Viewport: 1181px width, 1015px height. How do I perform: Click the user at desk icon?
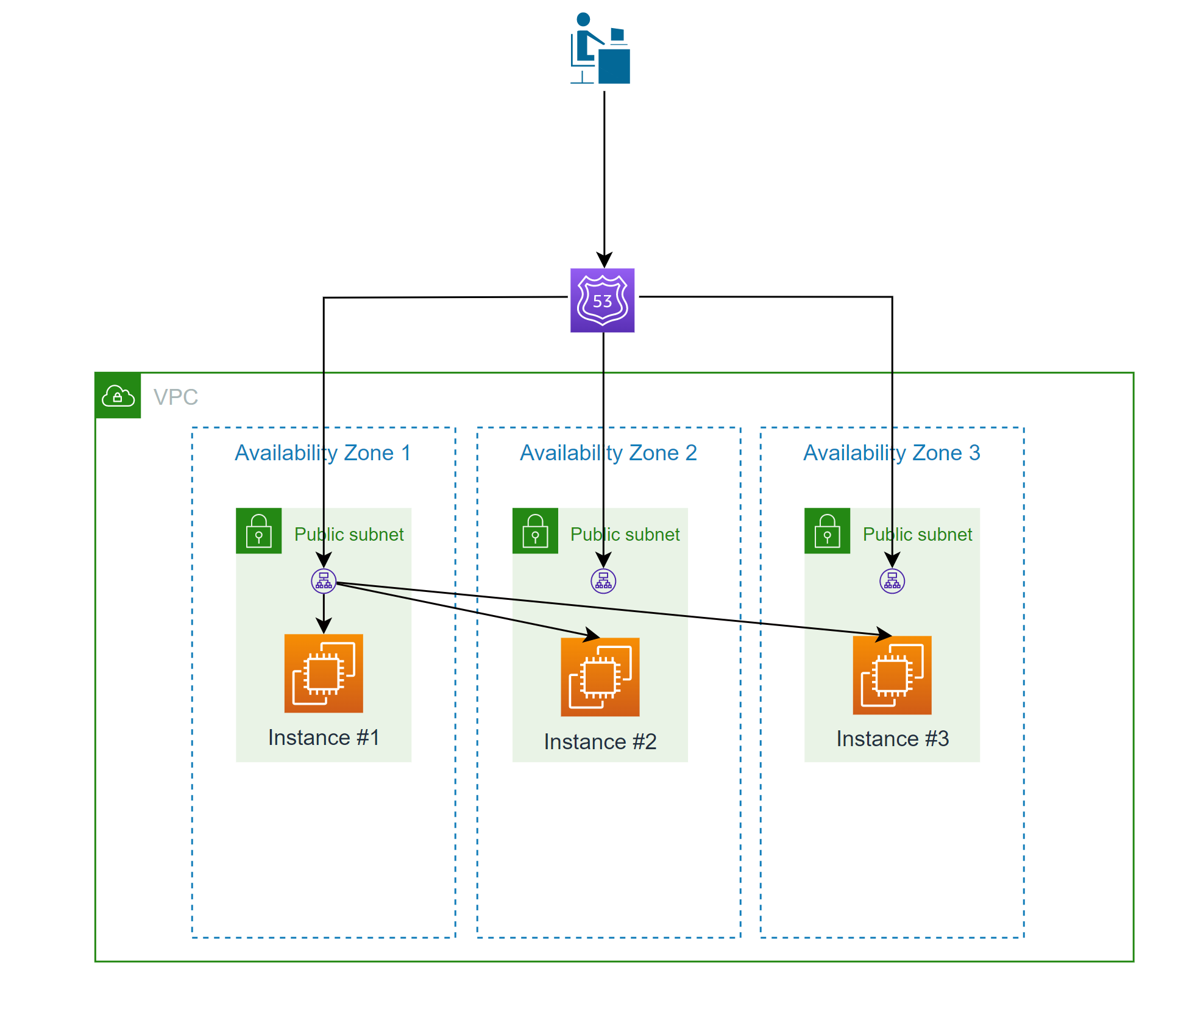coord(600,49)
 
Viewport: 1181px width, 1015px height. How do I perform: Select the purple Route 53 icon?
coord(602,301)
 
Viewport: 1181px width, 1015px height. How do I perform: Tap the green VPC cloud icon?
coord(118,396)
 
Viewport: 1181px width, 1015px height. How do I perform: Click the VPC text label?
coord(176,397)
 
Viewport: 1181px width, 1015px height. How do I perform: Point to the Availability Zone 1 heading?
coord(323,453)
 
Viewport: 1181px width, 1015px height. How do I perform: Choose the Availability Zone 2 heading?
coord(608,453)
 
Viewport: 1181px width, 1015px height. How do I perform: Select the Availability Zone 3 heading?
coord(892,453)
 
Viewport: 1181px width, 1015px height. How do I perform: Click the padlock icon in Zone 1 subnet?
coord(259,531)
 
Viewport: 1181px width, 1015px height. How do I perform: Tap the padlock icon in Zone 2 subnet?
coord(535,531)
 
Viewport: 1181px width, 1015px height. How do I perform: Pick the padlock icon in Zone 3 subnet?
coord(827,531)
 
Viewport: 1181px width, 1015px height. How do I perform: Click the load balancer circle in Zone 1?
coord(324,581)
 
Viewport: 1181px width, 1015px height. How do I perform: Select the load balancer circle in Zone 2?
coord(603,581)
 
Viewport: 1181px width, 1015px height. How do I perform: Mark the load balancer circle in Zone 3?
coord(892,581)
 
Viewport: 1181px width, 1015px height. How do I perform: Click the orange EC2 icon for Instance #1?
coord(324,674)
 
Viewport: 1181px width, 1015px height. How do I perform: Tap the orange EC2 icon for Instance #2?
coord(600,677)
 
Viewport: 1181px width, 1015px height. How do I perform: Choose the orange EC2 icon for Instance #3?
coord(892,675)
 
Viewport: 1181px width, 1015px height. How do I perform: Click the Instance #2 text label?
coord(600,742)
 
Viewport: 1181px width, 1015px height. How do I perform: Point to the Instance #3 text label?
coord(892,739)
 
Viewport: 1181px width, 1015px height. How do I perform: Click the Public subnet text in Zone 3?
coord(917,535)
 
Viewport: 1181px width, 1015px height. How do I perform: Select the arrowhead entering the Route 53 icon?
coord(604,260)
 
